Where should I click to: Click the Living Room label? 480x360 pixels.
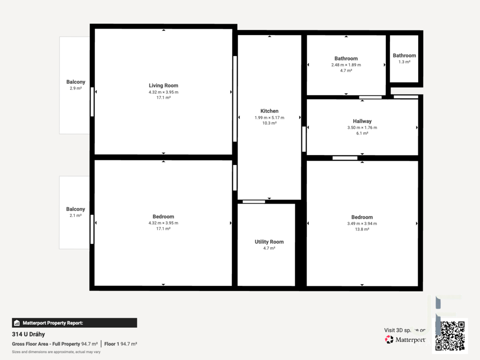click(164, 86)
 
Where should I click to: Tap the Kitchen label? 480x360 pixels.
click(270, 111)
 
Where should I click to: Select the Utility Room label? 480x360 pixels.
click(269, 242)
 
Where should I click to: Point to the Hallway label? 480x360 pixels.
click(362, 121)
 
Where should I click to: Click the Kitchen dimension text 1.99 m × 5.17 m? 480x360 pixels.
click(270, 118)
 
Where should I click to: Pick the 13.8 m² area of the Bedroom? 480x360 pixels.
click(362, 229)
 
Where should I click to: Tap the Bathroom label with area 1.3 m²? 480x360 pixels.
click(405, 55)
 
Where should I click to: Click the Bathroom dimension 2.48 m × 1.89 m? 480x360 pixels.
click(346, 65)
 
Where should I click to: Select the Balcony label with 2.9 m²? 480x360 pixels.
click(75, 82)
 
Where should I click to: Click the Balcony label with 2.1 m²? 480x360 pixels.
click(75, 209)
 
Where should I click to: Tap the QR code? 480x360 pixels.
click(450, 336)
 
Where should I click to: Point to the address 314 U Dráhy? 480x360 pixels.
click(29, 334)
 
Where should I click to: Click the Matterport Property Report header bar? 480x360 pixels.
click(75, 323)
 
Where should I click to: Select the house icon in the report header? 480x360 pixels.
click(17, 323)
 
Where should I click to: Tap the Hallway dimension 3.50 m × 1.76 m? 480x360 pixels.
click(362, 127)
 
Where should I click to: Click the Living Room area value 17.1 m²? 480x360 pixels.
click(164, 97)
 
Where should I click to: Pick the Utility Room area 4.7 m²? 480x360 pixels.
click(269, 248)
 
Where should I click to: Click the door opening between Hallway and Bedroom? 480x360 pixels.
click(345, 158)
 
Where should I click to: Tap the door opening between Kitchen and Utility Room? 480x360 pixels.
click(254, 202)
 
